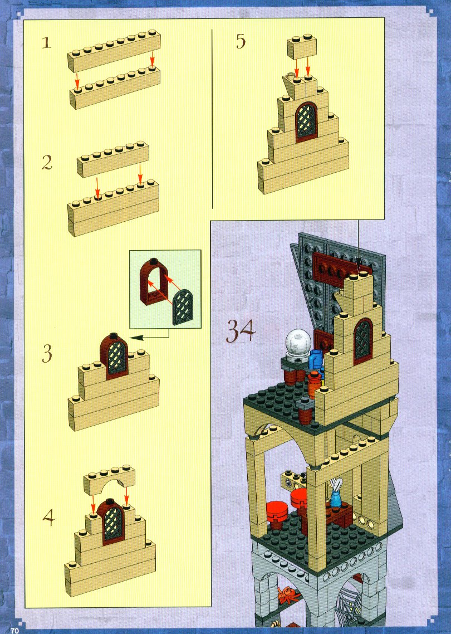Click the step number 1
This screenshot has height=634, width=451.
coord(47,42)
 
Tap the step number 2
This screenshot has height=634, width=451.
coord(47,162)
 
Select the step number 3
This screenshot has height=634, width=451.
coord(47,353)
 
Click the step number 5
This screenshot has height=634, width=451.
coord(241,42)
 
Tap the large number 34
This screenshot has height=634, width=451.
coord(241,331)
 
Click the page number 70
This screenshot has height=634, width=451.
coord(15,630)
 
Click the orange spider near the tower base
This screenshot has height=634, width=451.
coord(288,595)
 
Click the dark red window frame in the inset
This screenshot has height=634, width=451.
coord(153,279)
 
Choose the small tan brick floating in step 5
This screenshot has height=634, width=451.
coord(302,47)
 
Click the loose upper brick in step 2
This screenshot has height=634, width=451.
coord(113,159)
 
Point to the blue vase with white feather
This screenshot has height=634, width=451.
coord(336,492)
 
